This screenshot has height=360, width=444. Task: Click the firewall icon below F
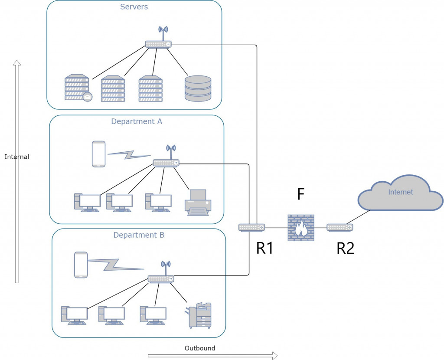[x=300, y=228]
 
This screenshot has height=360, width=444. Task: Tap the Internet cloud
[x=400, y=193]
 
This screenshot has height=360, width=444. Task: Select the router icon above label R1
[x=251, y=227]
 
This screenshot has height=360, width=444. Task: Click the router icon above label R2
[x=340, y=227]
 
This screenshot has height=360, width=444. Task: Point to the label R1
[x=264, y=248]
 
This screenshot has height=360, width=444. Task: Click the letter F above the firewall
[x=301, y=195]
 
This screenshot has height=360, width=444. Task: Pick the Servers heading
[x=134, y=7]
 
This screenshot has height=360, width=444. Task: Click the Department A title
[x=137, y=121]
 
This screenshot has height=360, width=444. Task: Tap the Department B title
[x=139, y=235]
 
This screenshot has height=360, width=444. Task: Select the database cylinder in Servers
[x=198, y=88]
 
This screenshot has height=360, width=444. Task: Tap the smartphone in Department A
[x=98, y=154]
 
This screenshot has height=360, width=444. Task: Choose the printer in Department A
[x=198, y=203]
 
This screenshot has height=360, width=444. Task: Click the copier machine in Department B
[x=199, y=316]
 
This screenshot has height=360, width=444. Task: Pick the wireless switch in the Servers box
[x=158, y=43]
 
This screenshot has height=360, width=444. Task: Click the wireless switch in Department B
[x=161, y=278]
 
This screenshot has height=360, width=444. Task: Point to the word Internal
[x=17, y=157]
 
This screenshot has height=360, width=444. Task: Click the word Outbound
[x=200, y=348]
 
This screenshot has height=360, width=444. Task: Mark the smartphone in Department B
[x=81, y=265]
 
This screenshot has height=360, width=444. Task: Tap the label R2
[x=346, y=248]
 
